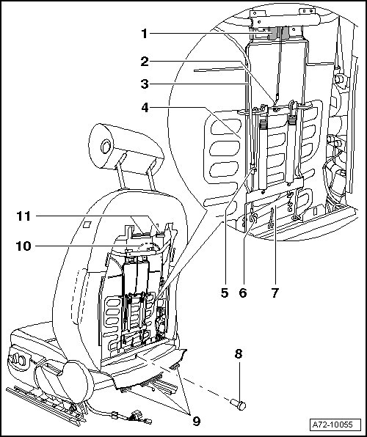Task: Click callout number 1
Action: pos(144,34)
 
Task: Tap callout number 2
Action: pos(145,62)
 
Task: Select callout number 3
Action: pos(145,84)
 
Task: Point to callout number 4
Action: pos(145,108)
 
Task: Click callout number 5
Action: pos(225,293)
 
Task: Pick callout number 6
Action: pos(243,293)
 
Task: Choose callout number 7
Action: pos(275,293)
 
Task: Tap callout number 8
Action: pos(239,354)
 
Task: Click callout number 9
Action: pos(197,421)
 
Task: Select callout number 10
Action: pos(23,246)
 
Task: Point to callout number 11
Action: pos(23,216)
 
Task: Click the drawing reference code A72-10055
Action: pos(333,425)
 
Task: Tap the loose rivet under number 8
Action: pos(239,405)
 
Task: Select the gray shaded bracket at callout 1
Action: pos(280,33)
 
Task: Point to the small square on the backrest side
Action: pos(87,224)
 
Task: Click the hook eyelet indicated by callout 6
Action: pos(254,218)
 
